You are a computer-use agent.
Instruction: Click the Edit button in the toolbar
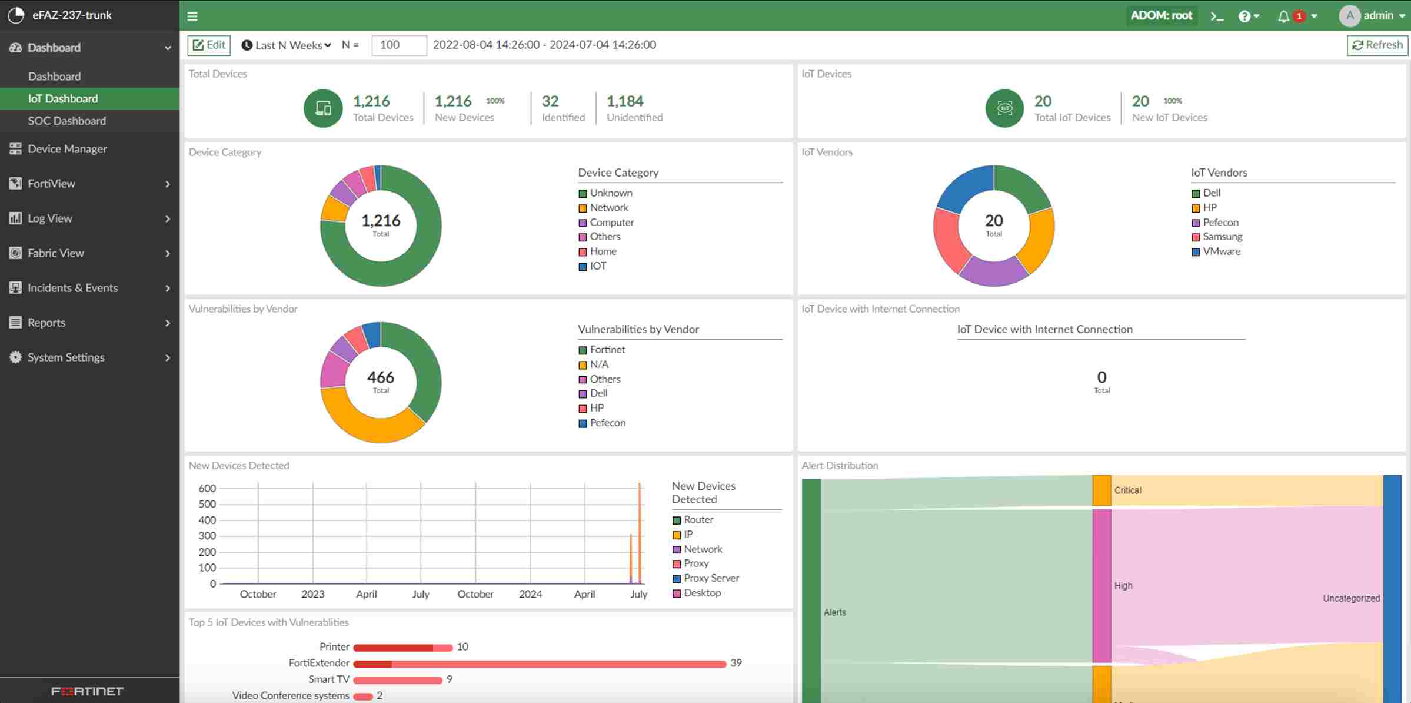click(x=209, y=45)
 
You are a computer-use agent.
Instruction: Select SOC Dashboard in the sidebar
click(x=67, y=121)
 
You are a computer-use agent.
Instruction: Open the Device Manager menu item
click(x=67, y=149)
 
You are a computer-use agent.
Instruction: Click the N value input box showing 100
click(x=398, y=45)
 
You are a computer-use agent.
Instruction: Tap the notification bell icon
click(x=1283, y=16)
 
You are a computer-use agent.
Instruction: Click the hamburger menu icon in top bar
click(x=192, y=16)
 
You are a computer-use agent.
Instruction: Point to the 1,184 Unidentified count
click(x=625, y=101)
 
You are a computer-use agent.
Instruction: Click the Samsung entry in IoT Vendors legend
click(x=1222, y=237)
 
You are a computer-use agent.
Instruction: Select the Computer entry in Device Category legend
click(x=611, y=223)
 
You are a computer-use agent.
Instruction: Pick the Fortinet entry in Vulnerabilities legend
click(x=607, y=350)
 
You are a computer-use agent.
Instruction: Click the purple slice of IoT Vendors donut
click(x=994, y=271)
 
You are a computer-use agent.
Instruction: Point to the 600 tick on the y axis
click(x=207, y=488)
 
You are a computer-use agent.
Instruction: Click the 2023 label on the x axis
click(x=312, y=594)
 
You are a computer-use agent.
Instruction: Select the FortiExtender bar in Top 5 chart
click(x=539, y=664)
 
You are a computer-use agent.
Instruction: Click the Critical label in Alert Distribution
click(x=1127, y=490)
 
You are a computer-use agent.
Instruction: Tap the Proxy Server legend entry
click(x=711, y=578)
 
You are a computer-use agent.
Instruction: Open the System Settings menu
click(x=66, y=357)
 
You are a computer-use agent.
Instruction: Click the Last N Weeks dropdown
click(x=287, y=45)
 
